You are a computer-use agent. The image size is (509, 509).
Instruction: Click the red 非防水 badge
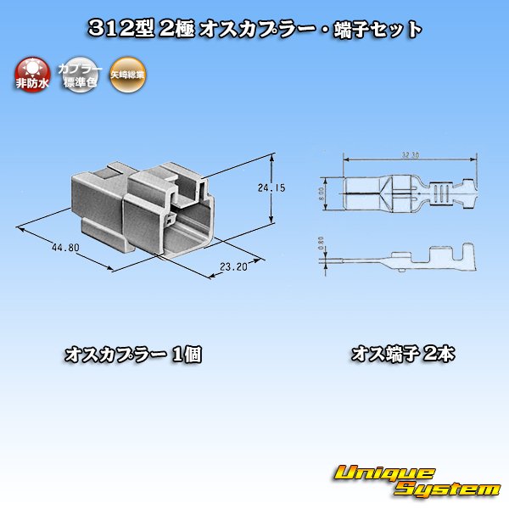[x=33, y=75]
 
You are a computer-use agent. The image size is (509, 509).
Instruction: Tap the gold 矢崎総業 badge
[x=126, y=75]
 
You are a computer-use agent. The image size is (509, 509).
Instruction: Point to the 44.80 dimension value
[x=64, y=248]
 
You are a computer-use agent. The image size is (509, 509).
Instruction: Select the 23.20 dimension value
[x=232, y=266]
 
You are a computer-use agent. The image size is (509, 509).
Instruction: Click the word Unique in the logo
[x=384, y=473]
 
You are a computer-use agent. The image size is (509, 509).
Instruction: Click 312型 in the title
[x=118, y=29]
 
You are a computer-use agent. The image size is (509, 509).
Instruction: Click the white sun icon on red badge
[x=33, y=67]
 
